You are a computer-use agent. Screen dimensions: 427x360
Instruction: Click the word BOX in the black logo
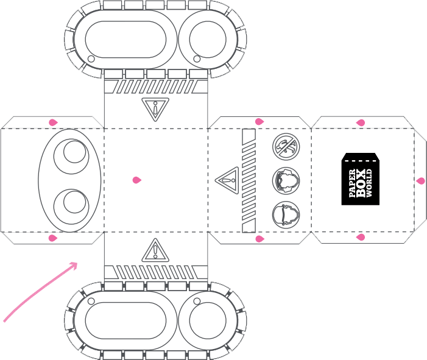[x=361, y=183]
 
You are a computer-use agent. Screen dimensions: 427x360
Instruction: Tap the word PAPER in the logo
[x=352, y=183]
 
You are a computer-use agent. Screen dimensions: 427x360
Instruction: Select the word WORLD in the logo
[x=369, y=183]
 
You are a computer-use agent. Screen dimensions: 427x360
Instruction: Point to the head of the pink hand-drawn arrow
[x=74, y=266]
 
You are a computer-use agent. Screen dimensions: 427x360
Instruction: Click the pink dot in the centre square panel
[x=136, y=180]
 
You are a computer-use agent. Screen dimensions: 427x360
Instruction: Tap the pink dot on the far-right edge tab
[x=420, y=181]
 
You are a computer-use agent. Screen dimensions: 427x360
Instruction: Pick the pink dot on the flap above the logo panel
[x=361, y=123]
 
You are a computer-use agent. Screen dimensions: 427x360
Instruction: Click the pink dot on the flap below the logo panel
[x=361, y=238]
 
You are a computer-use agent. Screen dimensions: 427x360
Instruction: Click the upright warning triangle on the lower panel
[x=155, y=250]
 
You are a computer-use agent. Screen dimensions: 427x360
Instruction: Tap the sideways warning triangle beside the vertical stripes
[x=227, y=180]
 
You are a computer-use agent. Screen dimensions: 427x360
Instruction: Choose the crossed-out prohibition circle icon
[x=286, y=147]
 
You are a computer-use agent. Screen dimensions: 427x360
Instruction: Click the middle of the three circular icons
[x=286, y=181]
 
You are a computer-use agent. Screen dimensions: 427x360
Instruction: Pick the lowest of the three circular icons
[x=286, y=215]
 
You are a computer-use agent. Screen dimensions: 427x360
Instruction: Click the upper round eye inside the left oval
[x=71, y=157]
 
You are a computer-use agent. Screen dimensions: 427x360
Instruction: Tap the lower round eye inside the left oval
[x=71, y=206]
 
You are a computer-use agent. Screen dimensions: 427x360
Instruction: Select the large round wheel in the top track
[x=208, y=40]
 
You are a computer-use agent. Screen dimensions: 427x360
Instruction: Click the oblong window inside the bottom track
[x=125, y=320]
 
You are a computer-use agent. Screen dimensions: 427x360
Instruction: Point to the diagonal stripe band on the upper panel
[x=156, y=86]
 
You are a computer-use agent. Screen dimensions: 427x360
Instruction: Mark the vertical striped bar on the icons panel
[x=249, y=180]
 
